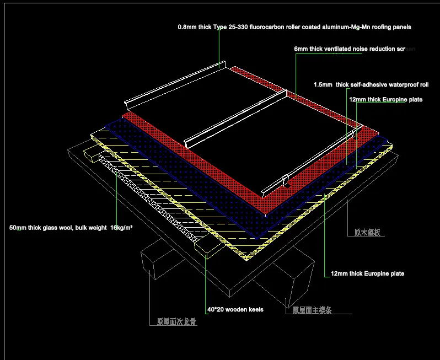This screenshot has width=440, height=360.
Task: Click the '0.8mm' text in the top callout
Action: point(186,26)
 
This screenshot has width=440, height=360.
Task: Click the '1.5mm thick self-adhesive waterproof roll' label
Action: point(371,85)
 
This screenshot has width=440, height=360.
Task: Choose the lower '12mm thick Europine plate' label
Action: point(367,273)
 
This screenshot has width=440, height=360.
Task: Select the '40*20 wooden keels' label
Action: point(235,310)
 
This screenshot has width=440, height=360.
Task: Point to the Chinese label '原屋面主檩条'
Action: point(312,311)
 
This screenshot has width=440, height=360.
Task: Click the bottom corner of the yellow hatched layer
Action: point(247,256)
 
